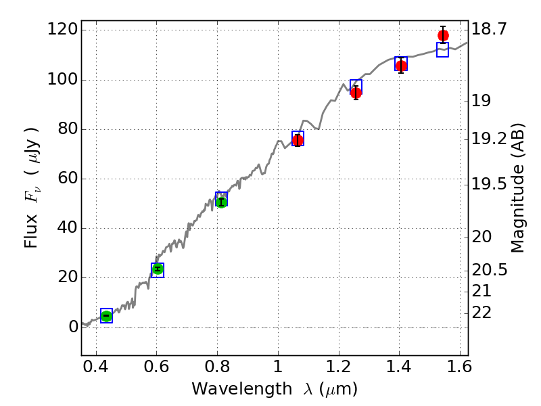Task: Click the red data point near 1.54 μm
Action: coord(443,36)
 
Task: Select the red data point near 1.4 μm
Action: coord(401,66)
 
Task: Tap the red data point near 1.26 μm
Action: coord(356,93)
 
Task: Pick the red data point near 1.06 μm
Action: coord(298,140)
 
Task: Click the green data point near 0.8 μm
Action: coord(221,202)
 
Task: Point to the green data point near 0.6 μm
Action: coord(158,269)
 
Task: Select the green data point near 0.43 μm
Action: coord(106,316)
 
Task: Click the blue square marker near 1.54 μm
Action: coord(443,49)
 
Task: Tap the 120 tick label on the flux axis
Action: coord(60,30)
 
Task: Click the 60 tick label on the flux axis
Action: coord(65,179)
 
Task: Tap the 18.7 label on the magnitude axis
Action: coord(489,29)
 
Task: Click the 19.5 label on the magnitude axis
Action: coord(489,184)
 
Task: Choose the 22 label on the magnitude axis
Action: coord(481,313)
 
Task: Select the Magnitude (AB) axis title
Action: coord(518,187)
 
